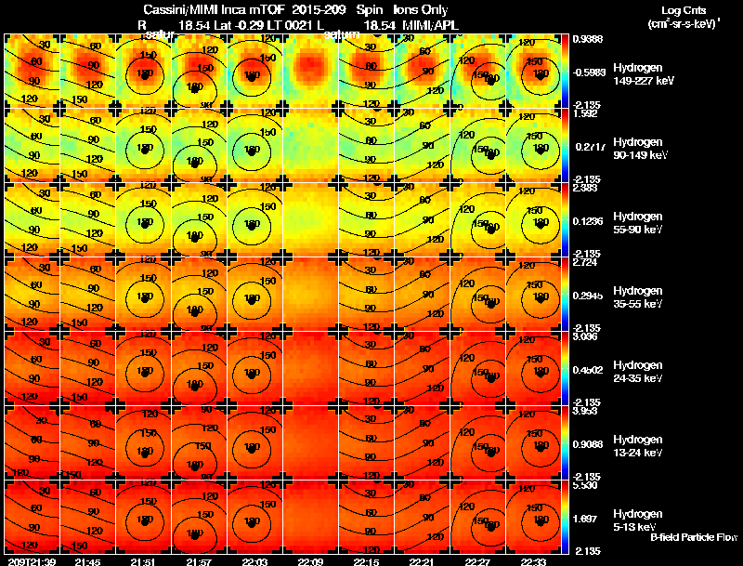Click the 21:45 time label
pos(86,561)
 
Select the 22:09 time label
pos(310,561)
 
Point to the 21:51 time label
pos(142,561)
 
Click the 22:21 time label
pos(422,561)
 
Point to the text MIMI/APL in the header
pos(424,24)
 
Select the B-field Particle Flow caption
pos(695,537)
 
